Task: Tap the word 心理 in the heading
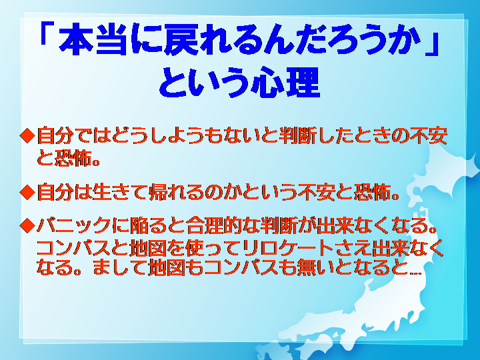point(285,83)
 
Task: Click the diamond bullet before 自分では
point(28,135)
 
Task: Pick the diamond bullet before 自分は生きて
point(28,192)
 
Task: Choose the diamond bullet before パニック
point(28,225)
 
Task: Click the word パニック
point(73,225)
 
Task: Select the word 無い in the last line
point(333,267)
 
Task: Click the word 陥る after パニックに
point(149,225)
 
